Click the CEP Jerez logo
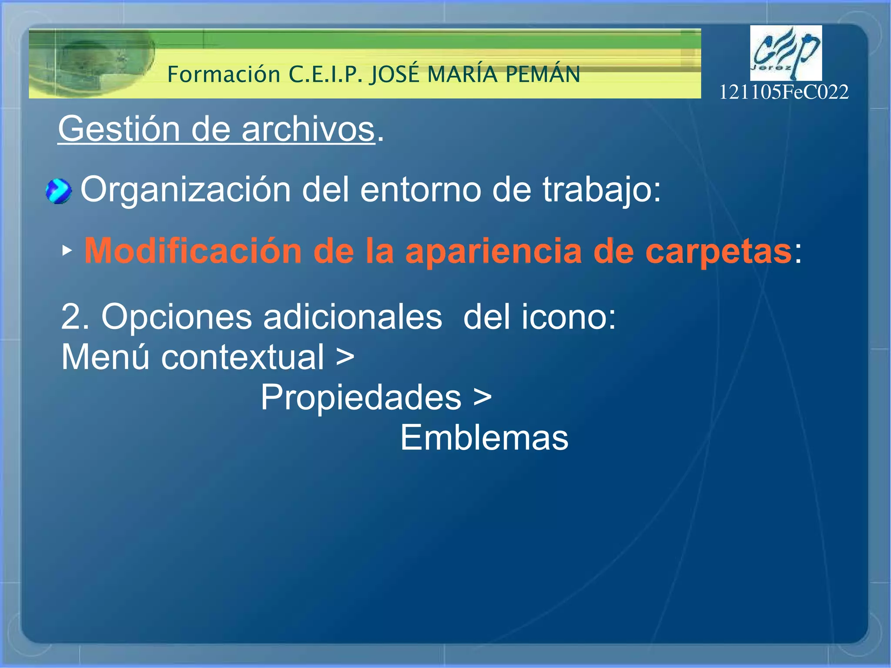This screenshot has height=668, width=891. click(x=786, y=53)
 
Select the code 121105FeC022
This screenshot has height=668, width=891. click(x=783, y=92)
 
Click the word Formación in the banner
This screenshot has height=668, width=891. click(x=224, y=74)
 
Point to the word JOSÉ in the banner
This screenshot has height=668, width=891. click(x=394, y=74)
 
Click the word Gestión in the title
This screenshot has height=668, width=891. click(x=119, y=129)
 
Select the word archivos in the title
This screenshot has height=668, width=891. click(x=308, y=129)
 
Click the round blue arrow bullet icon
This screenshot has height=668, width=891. click(x=58, y=191)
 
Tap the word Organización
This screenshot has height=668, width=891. click(x=185, y=190)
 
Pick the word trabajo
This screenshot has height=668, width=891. click(x=600, y=190)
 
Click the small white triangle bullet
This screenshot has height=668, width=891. click(x=67, y=250)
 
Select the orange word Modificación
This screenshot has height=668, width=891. click(x=193, y=251)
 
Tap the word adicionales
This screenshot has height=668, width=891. click(x=352, y=317)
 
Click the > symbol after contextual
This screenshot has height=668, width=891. click(x=345, y=358)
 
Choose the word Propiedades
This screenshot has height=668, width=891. click(x=361, y=397)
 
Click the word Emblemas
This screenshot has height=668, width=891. click(x=484, y=438)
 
